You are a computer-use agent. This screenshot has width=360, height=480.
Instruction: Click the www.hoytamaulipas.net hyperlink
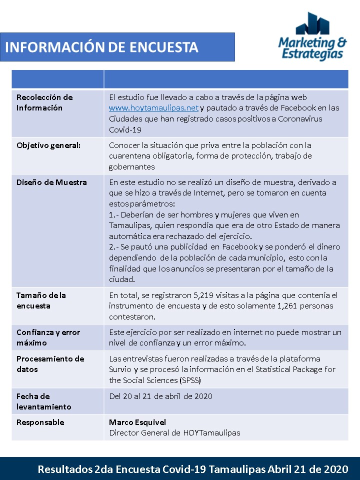point(154,108)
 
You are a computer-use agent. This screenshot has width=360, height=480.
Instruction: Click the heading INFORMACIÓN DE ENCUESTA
point(102,47)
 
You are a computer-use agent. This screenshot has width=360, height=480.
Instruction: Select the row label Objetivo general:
point(48,145)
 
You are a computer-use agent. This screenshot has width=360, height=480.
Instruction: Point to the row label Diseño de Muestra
point(51,182)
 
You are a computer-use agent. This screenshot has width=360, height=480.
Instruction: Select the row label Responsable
point(40,422)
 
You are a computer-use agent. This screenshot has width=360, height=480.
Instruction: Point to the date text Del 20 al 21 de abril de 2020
point(160,396)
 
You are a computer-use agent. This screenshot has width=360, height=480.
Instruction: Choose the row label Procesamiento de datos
point(50,364)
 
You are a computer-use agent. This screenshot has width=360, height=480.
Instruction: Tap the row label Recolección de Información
point(44,102)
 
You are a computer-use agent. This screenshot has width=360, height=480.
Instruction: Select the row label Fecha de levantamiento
point(44,401)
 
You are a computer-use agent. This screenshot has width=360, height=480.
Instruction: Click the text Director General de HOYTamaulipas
point(174,433)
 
